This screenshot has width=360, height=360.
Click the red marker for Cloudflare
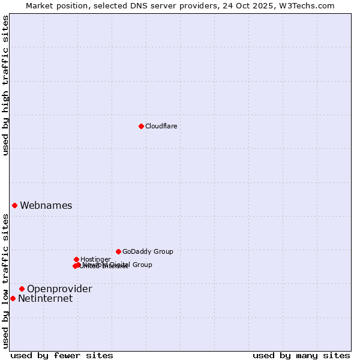[x=141, y=126]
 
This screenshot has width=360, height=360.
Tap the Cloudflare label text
[x=161, y=126]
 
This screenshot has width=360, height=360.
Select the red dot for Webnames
[x=15, y=205]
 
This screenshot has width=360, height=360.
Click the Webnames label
[x=46, y=206]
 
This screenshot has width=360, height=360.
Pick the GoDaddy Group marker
[x=118, y=251]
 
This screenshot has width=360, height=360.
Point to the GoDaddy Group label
[x=148, y=251]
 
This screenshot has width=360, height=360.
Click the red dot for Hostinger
[x=76, y=259]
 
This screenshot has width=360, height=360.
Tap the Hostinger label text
[x=95, y=259]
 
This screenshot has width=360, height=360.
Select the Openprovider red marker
[x=22, y=289]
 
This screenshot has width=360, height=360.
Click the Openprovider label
[x=59, y=289]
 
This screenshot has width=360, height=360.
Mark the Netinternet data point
[x=13, y=298]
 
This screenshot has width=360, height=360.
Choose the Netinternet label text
[x=45, y=299]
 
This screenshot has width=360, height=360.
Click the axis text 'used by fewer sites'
[x=62, y=355]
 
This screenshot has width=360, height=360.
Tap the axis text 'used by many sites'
[x=301, y=355]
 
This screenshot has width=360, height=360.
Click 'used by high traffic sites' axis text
[x=6, y=85]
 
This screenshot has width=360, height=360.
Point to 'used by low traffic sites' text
[x=6, y=281]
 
